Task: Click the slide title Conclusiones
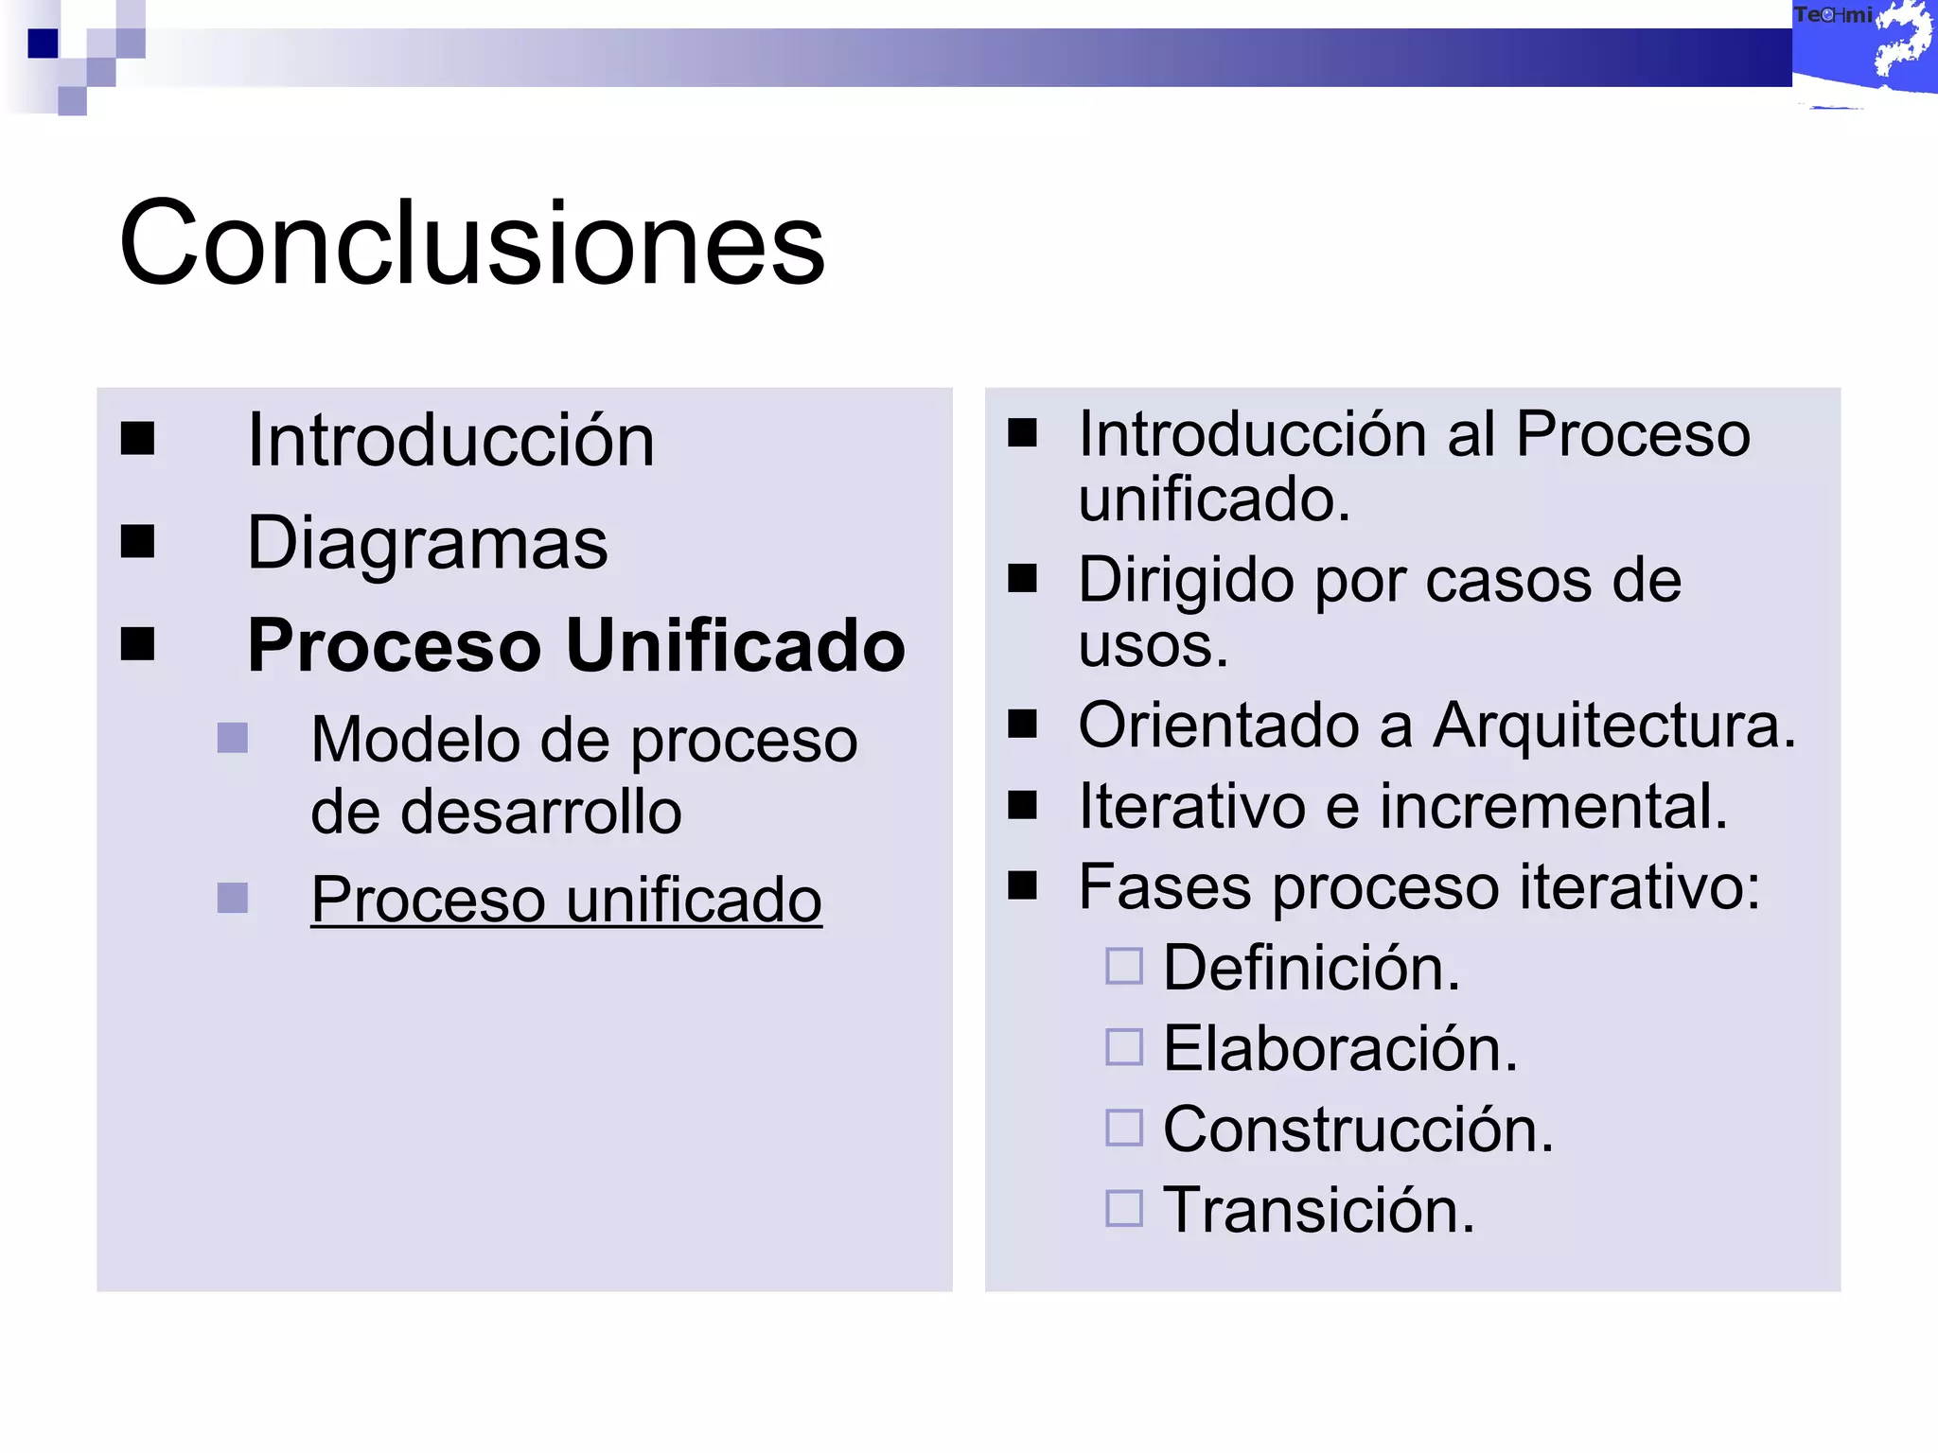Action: click(x=471, y=243)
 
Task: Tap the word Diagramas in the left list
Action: click(x=427, y=543)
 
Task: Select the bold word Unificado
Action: click(x=735, y=645)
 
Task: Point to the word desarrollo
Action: click(x=496, y=812)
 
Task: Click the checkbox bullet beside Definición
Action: click(x=1124, y=967)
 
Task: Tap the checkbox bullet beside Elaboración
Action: click(x=1124, y=1047)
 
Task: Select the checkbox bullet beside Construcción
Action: click(x=1124, y=1128)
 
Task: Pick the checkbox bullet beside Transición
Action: click(x=1124, y=1208)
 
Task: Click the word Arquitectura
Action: click(x=1612, y=726)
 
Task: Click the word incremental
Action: click(x=1553, y=806)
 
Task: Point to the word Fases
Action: click(x=1164, y=887)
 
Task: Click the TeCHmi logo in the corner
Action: click(x=1862, y=47)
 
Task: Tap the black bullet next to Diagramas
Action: click(x=138, y=542)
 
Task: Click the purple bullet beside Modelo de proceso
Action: click(x=232, y=738)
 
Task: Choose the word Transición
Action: click(x=1318, y=1210)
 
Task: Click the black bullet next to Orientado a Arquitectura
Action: click(x=1022, y=725)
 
